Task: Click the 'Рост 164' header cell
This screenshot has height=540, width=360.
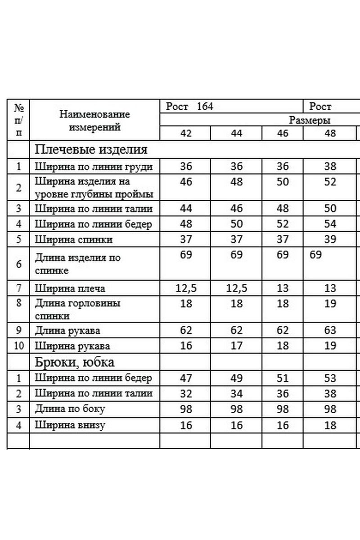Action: click(189, 107)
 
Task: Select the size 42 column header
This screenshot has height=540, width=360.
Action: click(186, 134)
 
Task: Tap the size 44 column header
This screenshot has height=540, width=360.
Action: click(236, 134)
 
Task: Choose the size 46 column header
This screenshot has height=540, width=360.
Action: click(283, 134)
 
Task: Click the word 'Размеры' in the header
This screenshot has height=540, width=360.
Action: click(310, 120)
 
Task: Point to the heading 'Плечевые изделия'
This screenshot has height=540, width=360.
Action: click(91, 149)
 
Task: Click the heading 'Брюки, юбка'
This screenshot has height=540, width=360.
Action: click(75, 362)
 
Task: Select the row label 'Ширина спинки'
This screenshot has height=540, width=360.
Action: click(74, 239)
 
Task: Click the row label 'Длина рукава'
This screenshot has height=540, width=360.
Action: click(67, 331)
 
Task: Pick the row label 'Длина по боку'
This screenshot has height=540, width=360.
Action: click(70, 409)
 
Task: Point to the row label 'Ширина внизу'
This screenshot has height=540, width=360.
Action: click(70, 425)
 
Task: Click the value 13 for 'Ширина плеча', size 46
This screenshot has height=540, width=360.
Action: click(283, 288)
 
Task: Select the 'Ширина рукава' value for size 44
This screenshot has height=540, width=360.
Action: click(236, 346)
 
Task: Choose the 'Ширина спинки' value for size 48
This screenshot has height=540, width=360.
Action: click(330, 239)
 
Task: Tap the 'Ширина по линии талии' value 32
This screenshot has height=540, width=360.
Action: click(186, 394)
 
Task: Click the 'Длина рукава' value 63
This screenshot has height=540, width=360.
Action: click(330, 331)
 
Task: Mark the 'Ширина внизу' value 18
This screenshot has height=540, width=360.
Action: click(330, 425)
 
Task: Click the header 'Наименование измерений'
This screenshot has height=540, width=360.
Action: click(94, 120)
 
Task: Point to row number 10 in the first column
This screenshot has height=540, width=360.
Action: click(18, 346)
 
